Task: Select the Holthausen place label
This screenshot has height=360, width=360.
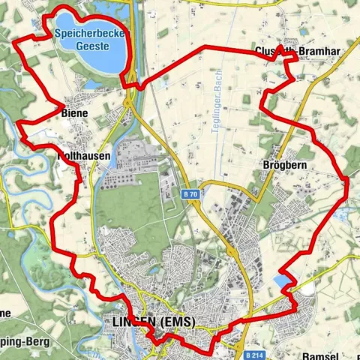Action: pos(85,156)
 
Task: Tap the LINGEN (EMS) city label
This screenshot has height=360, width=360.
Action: pos(152,322)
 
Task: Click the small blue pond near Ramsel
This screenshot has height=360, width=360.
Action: pos(281,281)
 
